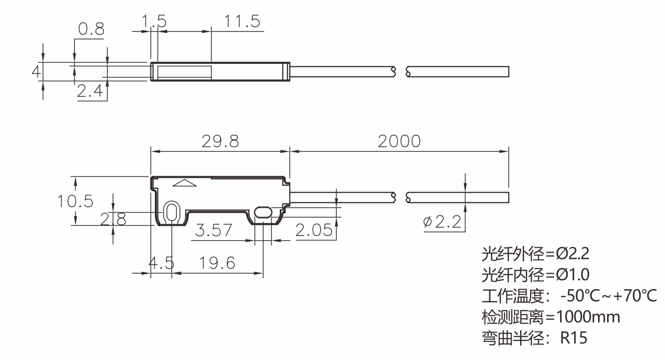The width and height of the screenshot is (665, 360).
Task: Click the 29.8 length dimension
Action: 220,142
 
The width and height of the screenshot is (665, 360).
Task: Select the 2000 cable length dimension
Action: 399,142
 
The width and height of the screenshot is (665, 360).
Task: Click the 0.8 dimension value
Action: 91,30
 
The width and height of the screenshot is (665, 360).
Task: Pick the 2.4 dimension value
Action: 90,91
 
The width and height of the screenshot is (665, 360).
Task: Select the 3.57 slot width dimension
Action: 214,231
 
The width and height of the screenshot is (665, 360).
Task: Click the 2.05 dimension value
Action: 314,230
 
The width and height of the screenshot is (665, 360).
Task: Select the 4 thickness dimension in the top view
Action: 35,71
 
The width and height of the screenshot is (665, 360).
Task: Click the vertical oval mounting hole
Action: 172,212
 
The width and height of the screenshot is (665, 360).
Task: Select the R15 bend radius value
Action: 574,338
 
